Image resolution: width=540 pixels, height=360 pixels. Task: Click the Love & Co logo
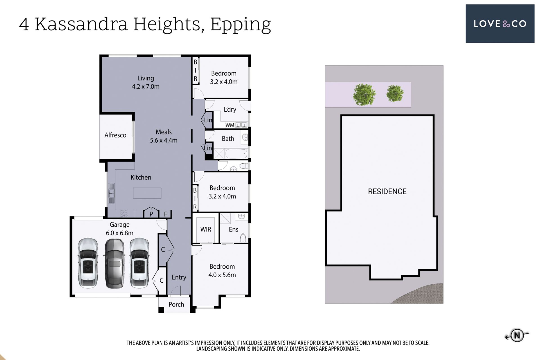click(x=500, y=24)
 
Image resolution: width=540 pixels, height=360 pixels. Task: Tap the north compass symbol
click(x=517, y=335)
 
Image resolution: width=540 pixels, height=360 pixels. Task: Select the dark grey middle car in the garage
click(x=114, y=264)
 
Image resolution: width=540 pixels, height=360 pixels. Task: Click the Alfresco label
click(x=115, y=135)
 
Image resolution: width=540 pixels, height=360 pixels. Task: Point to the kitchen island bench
click(x=147, y=193)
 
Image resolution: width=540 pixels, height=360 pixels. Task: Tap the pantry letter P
click(x=151, y=214)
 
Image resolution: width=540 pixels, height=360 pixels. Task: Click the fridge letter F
click(x=166, y=214)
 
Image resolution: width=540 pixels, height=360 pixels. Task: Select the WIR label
click(x=206, y=229)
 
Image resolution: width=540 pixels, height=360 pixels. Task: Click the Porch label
click(x=176, y=304)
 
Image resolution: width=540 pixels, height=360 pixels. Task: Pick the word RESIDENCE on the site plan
click(x=387, y=192)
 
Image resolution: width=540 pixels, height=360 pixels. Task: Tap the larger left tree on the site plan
click(x=364, y=94)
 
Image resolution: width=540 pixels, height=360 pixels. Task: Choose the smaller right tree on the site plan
click(x=395, y=93)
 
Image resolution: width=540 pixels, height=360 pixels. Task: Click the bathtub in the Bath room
click(x=236, y=154)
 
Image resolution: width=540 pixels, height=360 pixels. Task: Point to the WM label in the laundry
click(x=230, y=125)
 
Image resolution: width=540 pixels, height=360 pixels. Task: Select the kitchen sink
click(x=111, y=193)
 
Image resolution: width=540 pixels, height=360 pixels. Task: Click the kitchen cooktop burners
click(x=124, y=214)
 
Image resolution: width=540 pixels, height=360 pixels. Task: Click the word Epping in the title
click(x=240, y=25)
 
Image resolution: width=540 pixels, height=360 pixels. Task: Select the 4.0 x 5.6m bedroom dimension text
click(x=222, y=275)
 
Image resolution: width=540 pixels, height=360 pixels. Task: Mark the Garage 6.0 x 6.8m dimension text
click(x=120, y=233)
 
